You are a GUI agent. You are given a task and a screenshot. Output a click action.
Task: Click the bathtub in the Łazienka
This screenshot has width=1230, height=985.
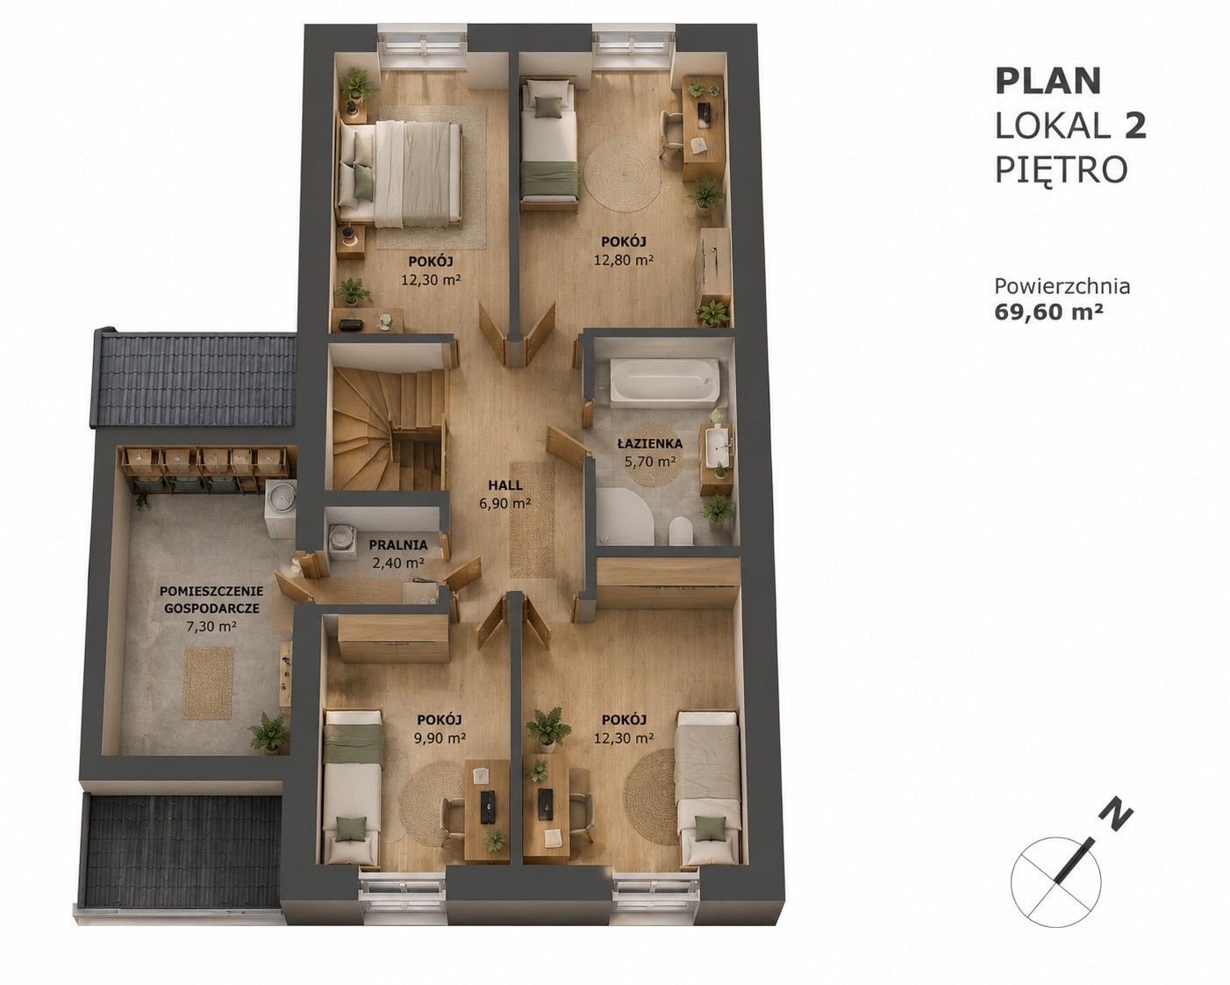tap(663, 380)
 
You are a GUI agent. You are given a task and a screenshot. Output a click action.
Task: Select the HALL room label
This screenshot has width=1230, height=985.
tap(505, 485)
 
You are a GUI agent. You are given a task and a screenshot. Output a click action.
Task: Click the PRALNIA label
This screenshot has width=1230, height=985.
tap(397, 545)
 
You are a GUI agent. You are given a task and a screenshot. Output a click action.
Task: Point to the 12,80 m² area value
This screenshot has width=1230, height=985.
tap(624, 261)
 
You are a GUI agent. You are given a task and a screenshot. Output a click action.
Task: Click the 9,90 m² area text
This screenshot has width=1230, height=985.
tap(440, 738)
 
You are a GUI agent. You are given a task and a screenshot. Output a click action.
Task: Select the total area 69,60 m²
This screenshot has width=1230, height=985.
tap(1049, 313)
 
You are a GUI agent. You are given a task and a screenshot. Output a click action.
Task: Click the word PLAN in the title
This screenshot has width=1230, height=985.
tap(1048, 82)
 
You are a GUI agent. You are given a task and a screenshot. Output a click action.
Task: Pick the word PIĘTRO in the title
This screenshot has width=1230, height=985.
tap(1062, 169)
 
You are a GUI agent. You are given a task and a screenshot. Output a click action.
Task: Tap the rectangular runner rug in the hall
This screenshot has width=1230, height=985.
tap(533, 520)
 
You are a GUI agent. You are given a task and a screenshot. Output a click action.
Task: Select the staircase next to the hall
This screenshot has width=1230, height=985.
tap(389, 429)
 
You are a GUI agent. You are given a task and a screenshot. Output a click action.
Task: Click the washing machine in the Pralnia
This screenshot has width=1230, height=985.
tap(343, 538)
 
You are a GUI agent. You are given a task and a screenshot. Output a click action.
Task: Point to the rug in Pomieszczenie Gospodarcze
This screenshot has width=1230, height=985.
tap(208, 683)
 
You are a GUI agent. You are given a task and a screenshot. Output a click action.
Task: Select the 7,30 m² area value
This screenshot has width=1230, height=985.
tap(211, 626)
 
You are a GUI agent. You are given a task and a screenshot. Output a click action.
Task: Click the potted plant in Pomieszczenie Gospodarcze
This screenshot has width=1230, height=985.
tap(269, 732)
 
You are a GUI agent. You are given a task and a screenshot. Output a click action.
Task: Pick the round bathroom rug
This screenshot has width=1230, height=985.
tap(650, 455)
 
